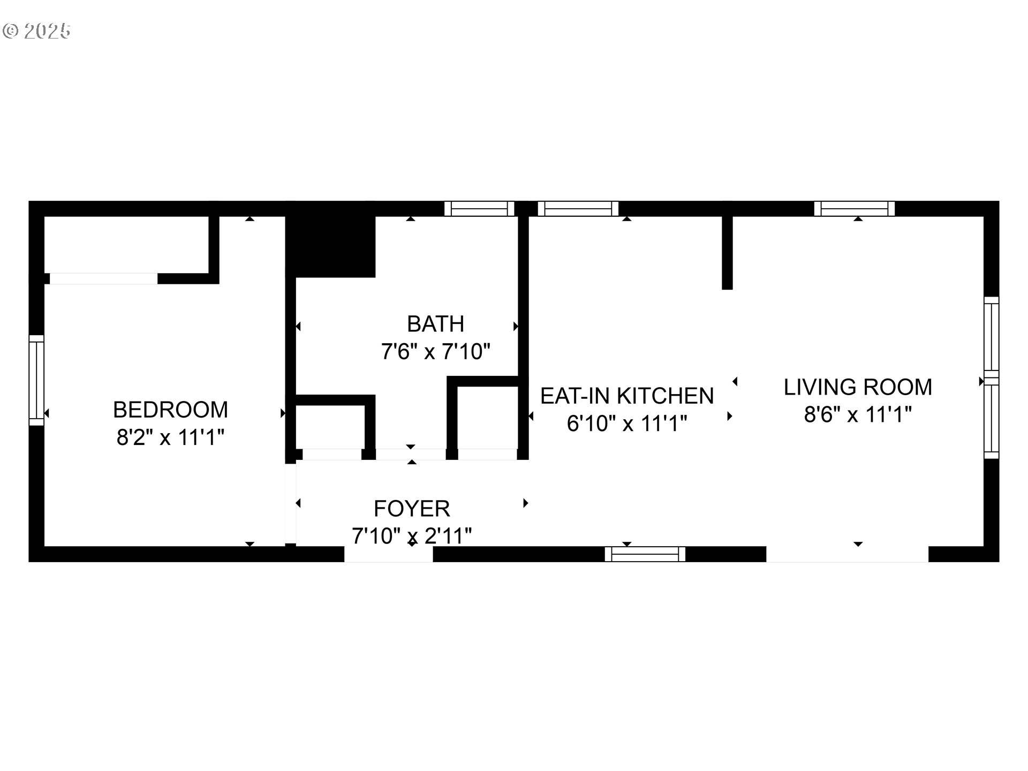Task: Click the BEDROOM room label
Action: [170, 410]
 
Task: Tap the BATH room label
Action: [435, 324]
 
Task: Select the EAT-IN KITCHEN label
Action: [627, 396]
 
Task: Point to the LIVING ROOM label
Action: [858, 387]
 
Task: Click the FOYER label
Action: [412, 508]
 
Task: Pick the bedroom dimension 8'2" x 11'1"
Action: [170, 437]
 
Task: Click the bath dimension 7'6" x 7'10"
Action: [435, 352]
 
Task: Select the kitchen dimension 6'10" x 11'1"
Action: [627, 424]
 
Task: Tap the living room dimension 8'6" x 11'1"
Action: [858, 414]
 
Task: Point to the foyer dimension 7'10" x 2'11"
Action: [412, 535]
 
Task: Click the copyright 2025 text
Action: [36, 31]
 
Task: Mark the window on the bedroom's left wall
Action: [36, 380]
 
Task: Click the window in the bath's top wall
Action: [479, 208]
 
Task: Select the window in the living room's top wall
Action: [854, 208]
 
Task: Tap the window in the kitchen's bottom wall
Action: [645, 554]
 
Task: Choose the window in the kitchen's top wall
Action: [578, 208]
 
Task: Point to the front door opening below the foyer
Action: [388, 554]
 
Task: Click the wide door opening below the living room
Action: [847, 554]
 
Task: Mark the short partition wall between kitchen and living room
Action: [727, 252]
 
